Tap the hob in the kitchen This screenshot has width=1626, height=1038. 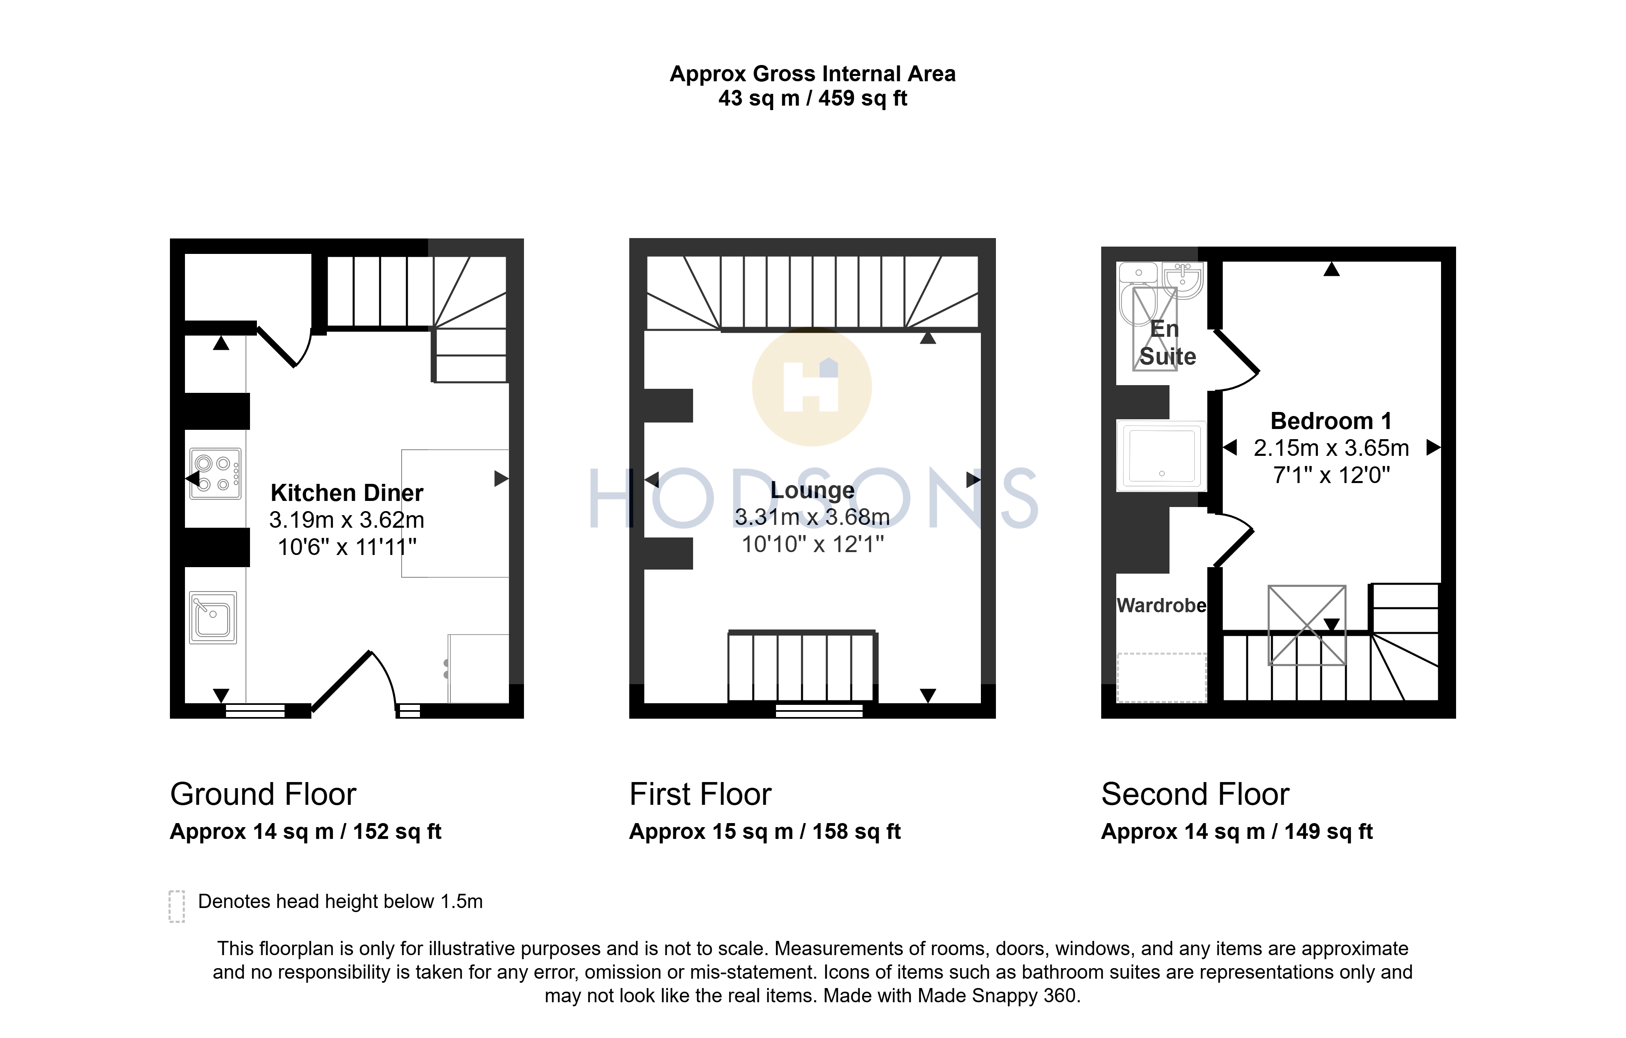(215, 474)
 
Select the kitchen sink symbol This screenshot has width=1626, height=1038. (213, 618)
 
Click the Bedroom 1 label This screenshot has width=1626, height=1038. (1331, 421)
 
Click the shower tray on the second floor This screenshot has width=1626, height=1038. (1161, 455)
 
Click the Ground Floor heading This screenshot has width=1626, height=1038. (263, 794)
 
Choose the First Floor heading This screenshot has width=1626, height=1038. (700, 794)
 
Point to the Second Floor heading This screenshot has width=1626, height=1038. (1195, 794)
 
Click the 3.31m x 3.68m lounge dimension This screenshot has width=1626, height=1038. (812, 517)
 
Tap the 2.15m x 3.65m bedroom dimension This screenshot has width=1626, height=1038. (1331, 448)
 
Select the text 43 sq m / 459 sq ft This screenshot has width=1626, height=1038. (812, 99)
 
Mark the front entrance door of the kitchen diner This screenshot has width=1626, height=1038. (341, 680)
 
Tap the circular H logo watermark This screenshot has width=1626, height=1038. (812, 387)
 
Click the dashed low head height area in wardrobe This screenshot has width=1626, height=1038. (1161, 678)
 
